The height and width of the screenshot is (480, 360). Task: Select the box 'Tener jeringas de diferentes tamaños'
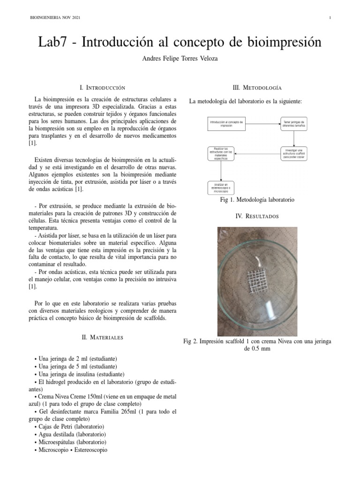click(294, 124)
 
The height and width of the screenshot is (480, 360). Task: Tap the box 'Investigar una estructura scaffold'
click(294, 153)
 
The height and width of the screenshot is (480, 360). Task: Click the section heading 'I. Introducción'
click(103, 88)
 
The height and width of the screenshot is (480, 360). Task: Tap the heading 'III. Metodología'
click(257, 88)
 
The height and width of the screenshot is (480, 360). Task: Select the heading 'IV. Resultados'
click(257, 216)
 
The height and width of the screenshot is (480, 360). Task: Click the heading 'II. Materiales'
click(103, 337)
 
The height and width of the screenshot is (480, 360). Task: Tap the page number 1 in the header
click(330, 18)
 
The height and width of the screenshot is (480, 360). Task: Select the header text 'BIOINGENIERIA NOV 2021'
click(55, 18)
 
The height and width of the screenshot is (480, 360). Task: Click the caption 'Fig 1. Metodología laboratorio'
click(257, 200)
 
